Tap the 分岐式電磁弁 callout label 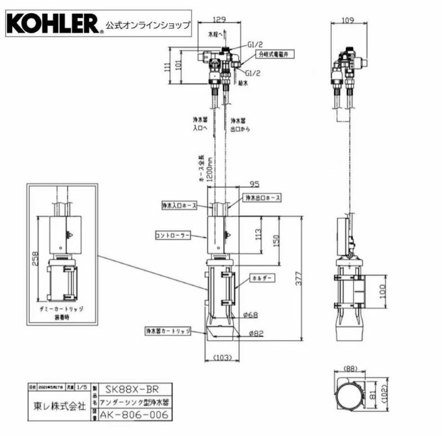tap(270, 54)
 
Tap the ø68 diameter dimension tap(250, 315)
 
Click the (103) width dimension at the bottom tap(223, 357)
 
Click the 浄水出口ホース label tap(263, 198)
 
